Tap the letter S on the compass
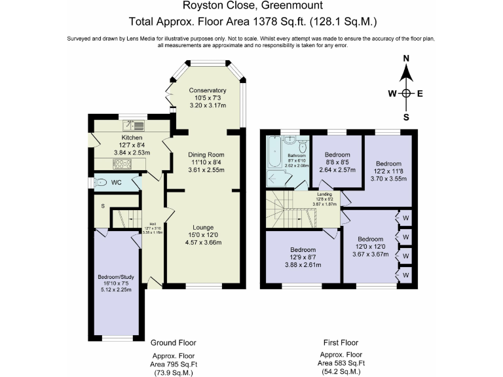[x=406, y=118]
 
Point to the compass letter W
[x=392, y=93]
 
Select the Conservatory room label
[x=207, y=90]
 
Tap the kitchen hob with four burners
[x=123, y=164]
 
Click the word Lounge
[x=207, y=227]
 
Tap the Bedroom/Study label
[x=115, y=278]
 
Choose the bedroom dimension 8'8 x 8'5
[x=337, y=162]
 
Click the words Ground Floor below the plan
[x=173, y=342]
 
